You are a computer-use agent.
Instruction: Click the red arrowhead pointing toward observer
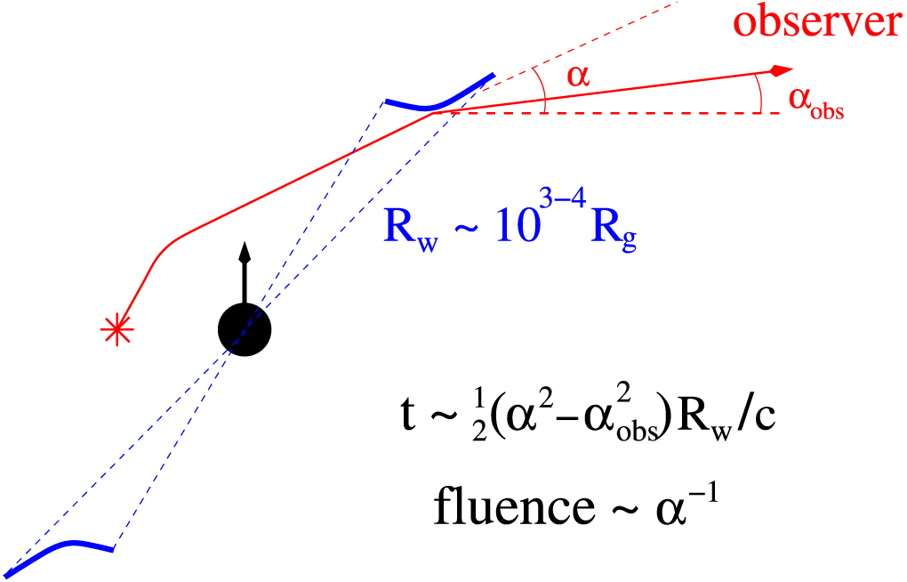pyautogui.click(x=780, y=70)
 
